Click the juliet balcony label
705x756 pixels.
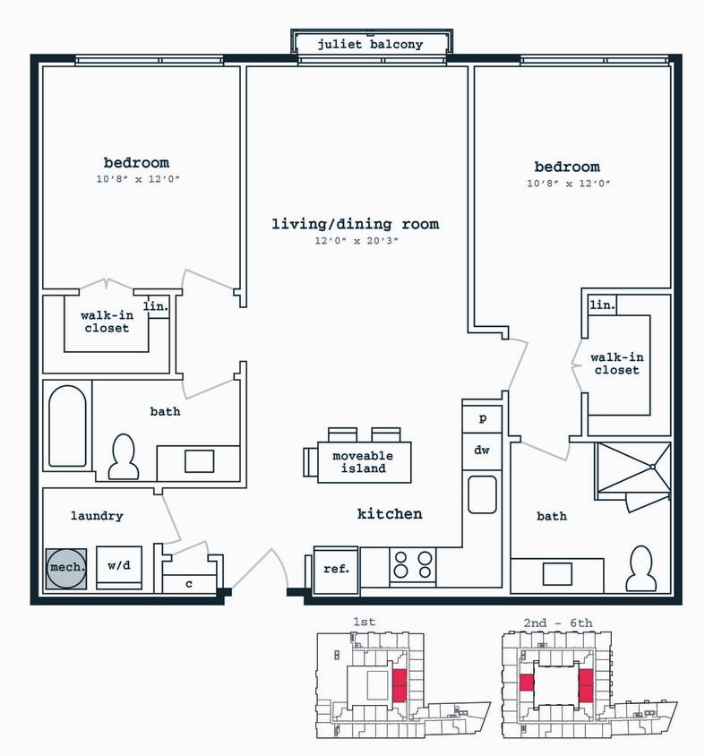370,44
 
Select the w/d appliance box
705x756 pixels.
119,567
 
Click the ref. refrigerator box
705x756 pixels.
336,568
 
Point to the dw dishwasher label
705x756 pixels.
482,451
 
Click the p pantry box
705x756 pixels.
482,418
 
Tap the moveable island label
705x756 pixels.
363,462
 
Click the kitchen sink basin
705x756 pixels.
482,494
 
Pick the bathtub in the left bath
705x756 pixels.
67,426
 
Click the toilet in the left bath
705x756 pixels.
123,458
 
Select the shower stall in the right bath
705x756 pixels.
633,468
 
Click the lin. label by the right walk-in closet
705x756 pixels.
602,305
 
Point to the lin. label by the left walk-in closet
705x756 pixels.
156,306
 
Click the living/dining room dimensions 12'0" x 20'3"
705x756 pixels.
355,241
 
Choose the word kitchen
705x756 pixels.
390,514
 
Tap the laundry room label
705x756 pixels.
97,516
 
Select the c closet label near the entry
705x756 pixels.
188,583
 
